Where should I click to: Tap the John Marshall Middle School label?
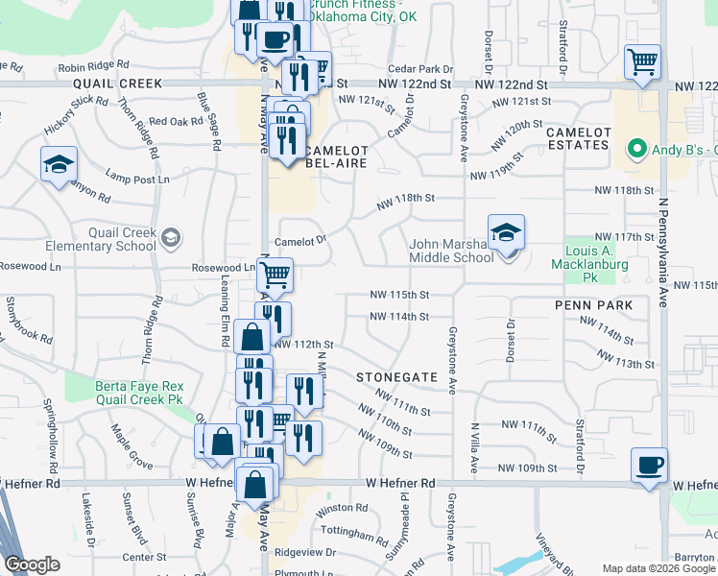(451, 251)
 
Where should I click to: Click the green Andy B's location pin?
(634, 150)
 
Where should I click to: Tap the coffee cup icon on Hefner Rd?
(650, 466)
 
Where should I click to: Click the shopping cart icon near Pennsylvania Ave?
(642, 61)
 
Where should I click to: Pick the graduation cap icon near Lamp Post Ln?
(59, 164)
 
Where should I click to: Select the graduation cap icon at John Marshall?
(506, 232)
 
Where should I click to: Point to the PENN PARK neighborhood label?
(593, 305)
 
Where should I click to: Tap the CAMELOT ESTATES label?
(578, 137)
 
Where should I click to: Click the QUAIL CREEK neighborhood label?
(118, 84)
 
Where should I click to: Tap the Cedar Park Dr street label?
(419, 69)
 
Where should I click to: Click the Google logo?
(32, 564)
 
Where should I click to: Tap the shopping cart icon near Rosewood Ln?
(275, 276)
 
